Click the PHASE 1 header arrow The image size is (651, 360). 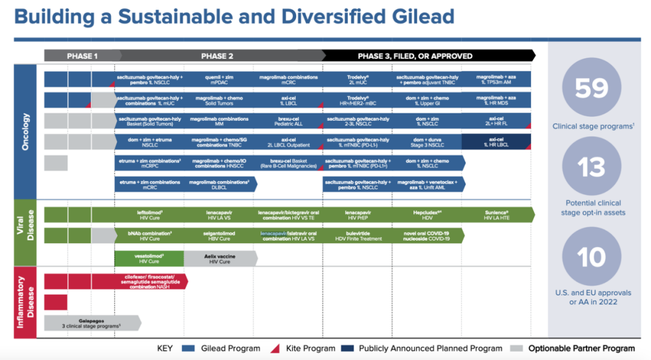82,56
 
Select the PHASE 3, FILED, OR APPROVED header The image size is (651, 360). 415,56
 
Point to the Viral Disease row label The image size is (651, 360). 27,233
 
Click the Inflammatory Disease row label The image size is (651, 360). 27,302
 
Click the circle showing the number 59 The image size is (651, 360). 591,88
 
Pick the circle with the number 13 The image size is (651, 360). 591,167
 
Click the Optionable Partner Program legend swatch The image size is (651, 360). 517,349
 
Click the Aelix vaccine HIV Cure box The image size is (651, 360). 219,259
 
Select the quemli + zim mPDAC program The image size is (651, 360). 219,80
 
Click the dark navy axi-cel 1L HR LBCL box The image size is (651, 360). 496,142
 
